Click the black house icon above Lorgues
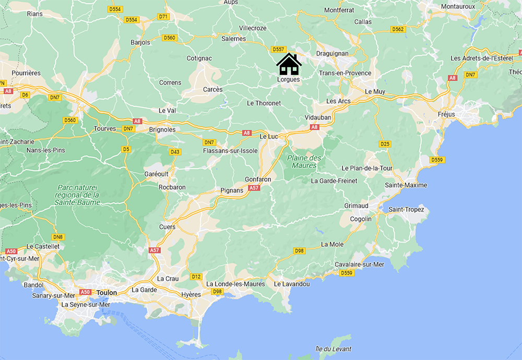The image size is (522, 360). point(289,64)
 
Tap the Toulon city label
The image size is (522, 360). point(106,293)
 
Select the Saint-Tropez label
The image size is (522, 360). point(409,210)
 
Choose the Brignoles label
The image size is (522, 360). point(163,129)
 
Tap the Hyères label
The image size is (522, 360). point(191,295)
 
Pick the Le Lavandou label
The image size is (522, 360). point(292,284)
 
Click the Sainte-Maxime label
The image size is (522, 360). point(406,185)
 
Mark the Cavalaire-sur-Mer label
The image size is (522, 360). point(360,265)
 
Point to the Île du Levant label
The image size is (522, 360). point(333,349)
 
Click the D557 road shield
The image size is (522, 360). point(278,50)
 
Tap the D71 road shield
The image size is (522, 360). point(163,17)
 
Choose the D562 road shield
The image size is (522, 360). point(398,29)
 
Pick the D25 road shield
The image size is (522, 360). point(385,143)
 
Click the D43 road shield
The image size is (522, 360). point(175,152)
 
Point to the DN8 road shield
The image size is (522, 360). point(58,237)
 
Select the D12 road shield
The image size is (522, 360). point(196,277)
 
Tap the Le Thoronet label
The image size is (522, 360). point(264,103)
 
